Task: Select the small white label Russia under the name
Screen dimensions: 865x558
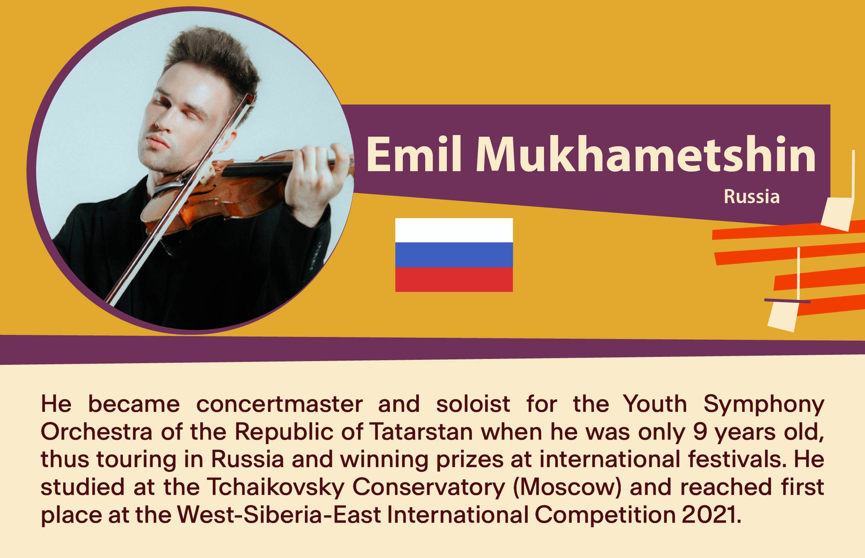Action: coord(752,197)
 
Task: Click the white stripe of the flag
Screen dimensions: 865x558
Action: coord(454,230)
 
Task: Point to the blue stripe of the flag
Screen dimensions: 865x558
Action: coord(454,255)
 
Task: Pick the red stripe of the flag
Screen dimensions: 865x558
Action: coord(454,279)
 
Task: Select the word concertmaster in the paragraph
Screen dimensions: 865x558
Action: coord(279,404)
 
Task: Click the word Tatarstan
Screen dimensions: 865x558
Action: coord(421,432)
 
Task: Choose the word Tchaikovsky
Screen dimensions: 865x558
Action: coord(276,487)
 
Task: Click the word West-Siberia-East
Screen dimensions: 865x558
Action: coord(279,515)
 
